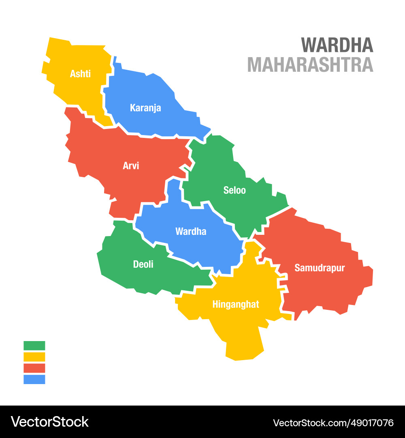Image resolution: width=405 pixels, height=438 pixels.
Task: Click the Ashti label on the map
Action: click(x=80, y=74)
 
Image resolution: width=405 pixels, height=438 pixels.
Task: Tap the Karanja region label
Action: click(x=145, y=108)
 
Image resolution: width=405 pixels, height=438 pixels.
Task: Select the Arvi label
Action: click(x=131, y=166)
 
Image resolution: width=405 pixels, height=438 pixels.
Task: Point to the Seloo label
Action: click(x=234, y=190)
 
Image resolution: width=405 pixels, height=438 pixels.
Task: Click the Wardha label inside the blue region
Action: click(x=191, y=232)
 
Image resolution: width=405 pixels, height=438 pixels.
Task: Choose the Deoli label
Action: click(x=143, y=264)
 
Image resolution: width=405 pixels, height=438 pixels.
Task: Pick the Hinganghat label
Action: click(x=236, y=305)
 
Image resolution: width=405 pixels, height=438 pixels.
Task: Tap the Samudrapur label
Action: click(x=320, y=268)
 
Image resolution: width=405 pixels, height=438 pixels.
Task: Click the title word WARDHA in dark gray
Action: click(x=337, y=45)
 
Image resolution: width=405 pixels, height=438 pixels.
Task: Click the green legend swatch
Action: click(x=34, y=346)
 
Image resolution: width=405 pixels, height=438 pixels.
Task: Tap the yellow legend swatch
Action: click(x=34, y=357)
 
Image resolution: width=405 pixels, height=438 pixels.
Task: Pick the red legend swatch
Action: click(x=34, y=368)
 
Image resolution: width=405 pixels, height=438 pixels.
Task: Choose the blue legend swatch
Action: click(x=34, y=380)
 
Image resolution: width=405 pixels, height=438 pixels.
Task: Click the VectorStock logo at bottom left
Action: click(x=50, y=422)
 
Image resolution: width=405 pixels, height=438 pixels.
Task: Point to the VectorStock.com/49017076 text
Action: click(x=333, y=423)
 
